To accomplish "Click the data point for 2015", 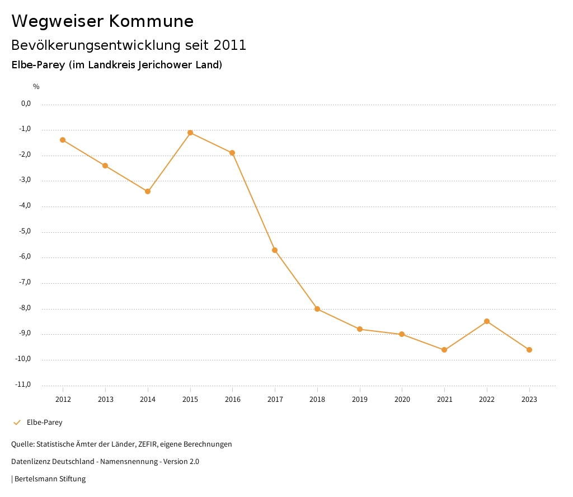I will pyautogui.click(x=190, y=133).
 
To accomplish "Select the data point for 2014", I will pyautogui.click(x=148, y=191).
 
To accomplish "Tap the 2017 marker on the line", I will pyautogui.click(x=275, y=250).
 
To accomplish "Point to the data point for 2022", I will pyautogui.click(x=487, y=321).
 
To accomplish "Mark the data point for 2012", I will pyautogui.click(x=63, y=140).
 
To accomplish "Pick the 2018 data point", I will pyautogui.click(x=317, y=309).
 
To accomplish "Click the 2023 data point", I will pyautogui.click(x=529, y=350).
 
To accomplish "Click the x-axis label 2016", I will pyautogui.click(x=233, y=400).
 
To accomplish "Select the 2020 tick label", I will pyautogui.click(x=402, y=400).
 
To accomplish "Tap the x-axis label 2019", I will pyautogui.click(x=360, y=400).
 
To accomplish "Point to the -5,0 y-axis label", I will pyautogui.click(x=26, y=231).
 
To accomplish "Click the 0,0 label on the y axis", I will pyautogui.click(x=26, y=104).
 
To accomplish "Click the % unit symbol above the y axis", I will pyautogui.click(x=36, y=87).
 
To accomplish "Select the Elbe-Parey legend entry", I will pyautogui.click(x=44, y=423).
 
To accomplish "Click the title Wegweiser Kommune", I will pyautogui.click(x=102, y=21).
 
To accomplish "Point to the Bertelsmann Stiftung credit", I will pyautogui.click(x=50, y=479).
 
